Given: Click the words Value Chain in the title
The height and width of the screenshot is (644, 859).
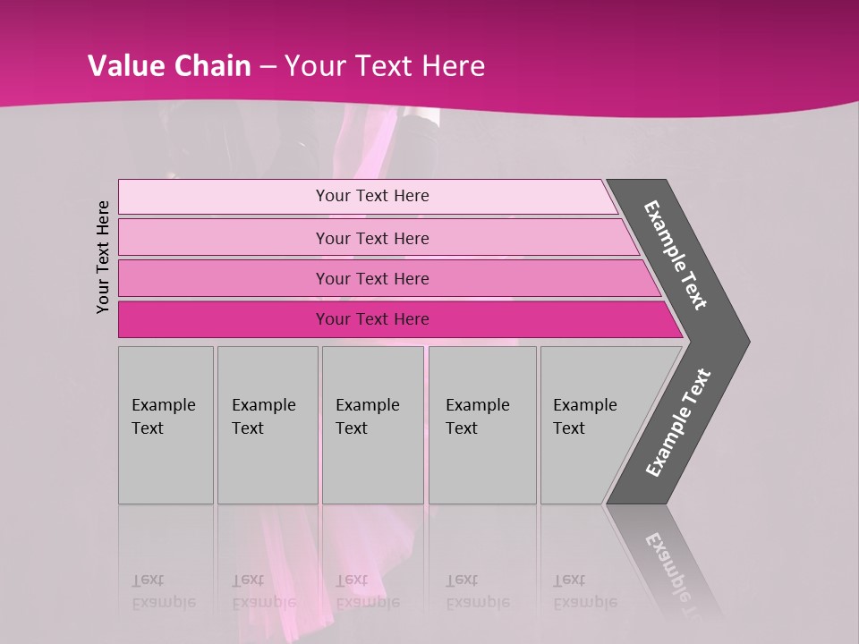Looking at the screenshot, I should [168, 66].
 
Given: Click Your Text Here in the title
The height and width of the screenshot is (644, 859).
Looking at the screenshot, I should [385, 66].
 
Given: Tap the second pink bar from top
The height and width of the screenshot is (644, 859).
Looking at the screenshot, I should [372, 238].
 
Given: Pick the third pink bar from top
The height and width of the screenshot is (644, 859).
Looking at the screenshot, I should [372, 278].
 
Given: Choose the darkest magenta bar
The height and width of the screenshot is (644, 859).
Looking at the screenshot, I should [372, 319].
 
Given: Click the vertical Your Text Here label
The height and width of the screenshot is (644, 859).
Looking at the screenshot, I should [103, 257].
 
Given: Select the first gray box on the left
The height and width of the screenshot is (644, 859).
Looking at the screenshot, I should [166, 425].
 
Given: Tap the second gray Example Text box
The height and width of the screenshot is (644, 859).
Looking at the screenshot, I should [267, 425].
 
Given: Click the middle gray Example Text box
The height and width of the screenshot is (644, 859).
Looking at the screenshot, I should [372, 425].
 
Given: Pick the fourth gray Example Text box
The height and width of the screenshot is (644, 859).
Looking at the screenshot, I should [482, 425].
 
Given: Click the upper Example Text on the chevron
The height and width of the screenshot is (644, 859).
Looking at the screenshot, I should [676, 255].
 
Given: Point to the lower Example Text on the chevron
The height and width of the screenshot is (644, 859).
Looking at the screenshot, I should [678, 423].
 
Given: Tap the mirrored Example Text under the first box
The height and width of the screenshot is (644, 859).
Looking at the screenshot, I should [163, 591].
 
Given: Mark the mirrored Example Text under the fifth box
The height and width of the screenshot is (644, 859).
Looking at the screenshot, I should [584, 591].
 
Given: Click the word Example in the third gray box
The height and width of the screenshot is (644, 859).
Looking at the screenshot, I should [367, 405].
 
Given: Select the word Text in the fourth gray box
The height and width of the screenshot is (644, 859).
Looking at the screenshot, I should [462, 428].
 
